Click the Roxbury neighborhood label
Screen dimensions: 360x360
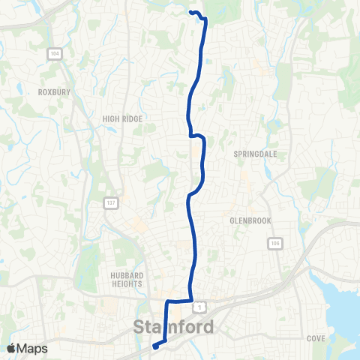(x=53, y=93)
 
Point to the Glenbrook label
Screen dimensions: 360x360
(x=250, y=220)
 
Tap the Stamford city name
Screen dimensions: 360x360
(x=173, y=327)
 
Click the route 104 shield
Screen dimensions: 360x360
(x=55, y=53)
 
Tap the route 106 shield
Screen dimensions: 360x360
(x=274, y=243)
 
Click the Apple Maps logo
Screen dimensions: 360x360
(x=28, y=348)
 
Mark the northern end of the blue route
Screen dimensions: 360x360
(x=190, y=12)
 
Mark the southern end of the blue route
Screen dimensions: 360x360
(x=154, y=346)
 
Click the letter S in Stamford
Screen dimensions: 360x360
(x=139, y=327)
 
